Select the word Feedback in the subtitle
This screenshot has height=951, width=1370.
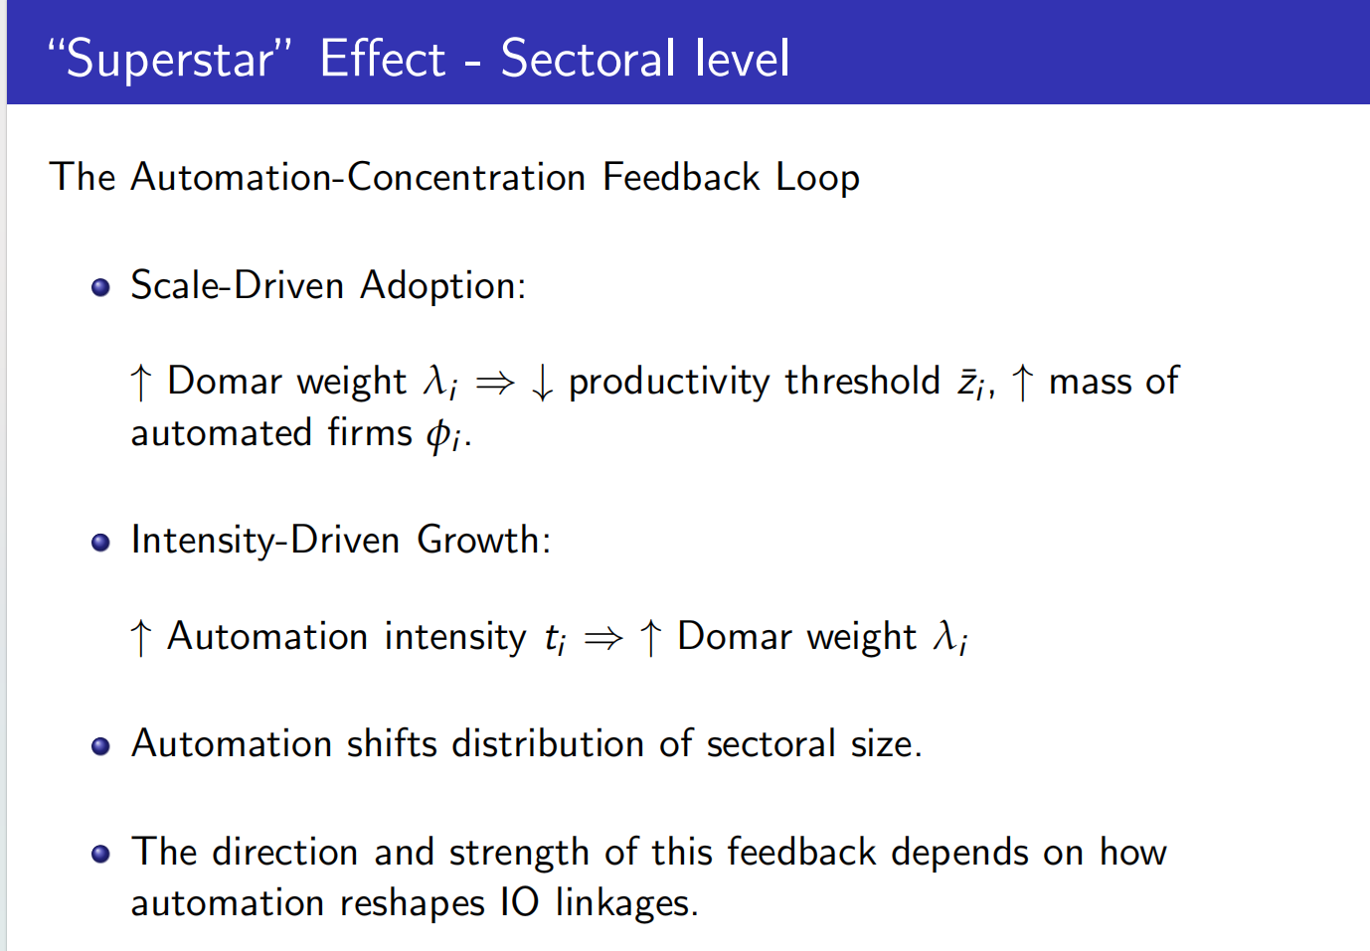point(681,177)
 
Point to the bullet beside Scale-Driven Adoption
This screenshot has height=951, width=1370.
point(100,287)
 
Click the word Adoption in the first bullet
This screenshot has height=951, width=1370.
point(442,286)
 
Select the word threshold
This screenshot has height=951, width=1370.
point(862,382)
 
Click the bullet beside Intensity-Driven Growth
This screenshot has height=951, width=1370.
point(100,543)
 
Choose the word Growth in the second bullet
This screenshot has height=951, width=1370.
point(484,541)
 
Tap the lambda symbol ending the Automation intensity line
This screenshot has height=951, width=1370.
point(949,638)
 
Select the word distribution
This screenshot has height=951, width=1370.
point(548,744)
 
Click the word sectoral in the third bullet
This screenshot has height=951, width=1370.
point(771,744)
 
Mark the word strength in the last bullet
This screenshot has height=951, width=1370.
point(519,854)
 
